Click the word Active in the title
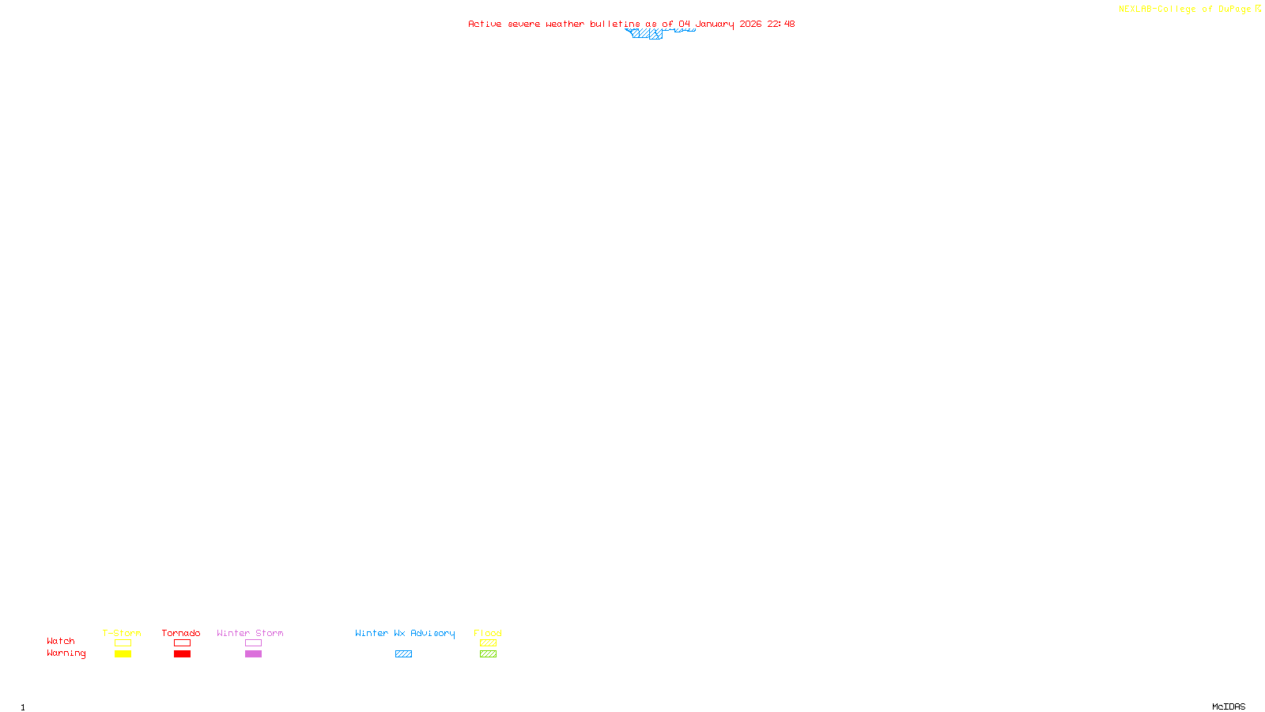click(x=485, y=25)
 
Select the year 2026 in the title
click(x=750, y=25)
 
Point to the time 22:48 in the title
click(x=781, y=25)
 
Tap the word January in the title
click(x=714, y=25)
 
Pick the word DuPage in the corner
click(x=1234, y=9)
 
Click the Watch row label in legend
click(x=61, y=642)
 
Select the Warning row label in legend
click(x=66, y=653)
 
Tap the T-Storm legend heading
click(x=122, y=633)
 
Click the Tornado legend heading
click(x=181, y=633)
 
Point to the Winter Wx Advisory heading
click(x=405, y=633)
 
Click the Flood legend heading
click(x=488, y=633)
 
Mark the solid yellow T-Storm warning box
click(x=123, y=654)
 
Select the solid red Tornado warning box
click(x=183, y=654)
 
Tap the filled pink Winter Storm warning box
click(x=253, y=654)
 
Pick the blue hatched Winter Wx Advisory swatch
click(x=403, y=654)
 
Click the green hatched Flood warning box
click(x=488, y=654)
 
